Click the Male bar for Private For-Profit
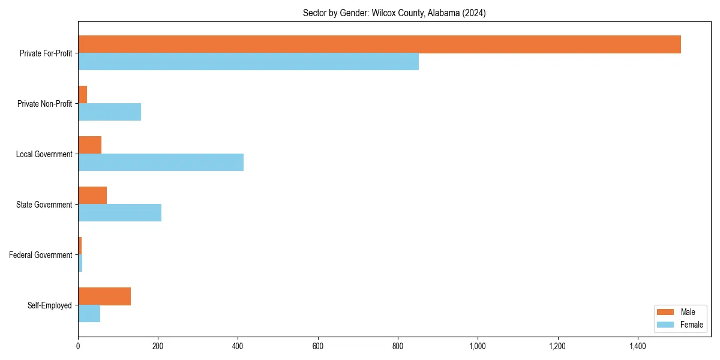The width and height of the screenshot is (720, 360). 379,44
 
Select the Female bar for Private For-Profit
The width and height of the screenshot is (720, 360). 248,61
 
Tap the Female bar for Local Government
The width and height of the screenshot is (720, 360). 161,162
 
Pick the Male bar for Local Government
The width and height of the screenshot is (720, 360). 90,145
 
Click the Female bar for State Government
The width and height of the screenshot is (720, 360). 120,212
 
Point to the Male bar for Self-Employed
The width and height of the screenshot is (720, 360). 104,296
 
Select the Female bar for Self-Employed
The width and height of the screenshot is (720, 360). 89,313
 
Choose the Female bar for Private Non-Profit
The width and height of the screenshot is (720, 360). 110,112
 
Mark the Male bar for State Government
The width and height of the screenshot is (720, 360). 92,196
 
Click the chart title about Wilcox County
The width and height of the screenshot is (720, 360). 394,13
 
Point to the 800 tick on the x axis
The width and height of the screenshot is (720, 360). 398,346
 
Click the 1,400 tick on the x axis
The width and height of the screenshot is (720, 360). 637,346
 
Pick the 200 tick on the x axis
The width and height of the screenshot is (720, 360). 158,346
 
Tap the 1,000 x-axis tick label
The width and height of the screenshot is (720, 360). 478,346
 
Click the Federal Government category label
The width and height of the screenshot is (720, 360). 41,255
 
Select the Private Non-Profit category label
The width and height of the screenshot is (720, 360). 44,104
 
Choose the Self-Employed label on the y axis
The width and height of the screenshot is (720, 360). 50,305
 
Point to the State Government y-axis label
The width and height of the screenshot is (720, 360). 44,205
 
